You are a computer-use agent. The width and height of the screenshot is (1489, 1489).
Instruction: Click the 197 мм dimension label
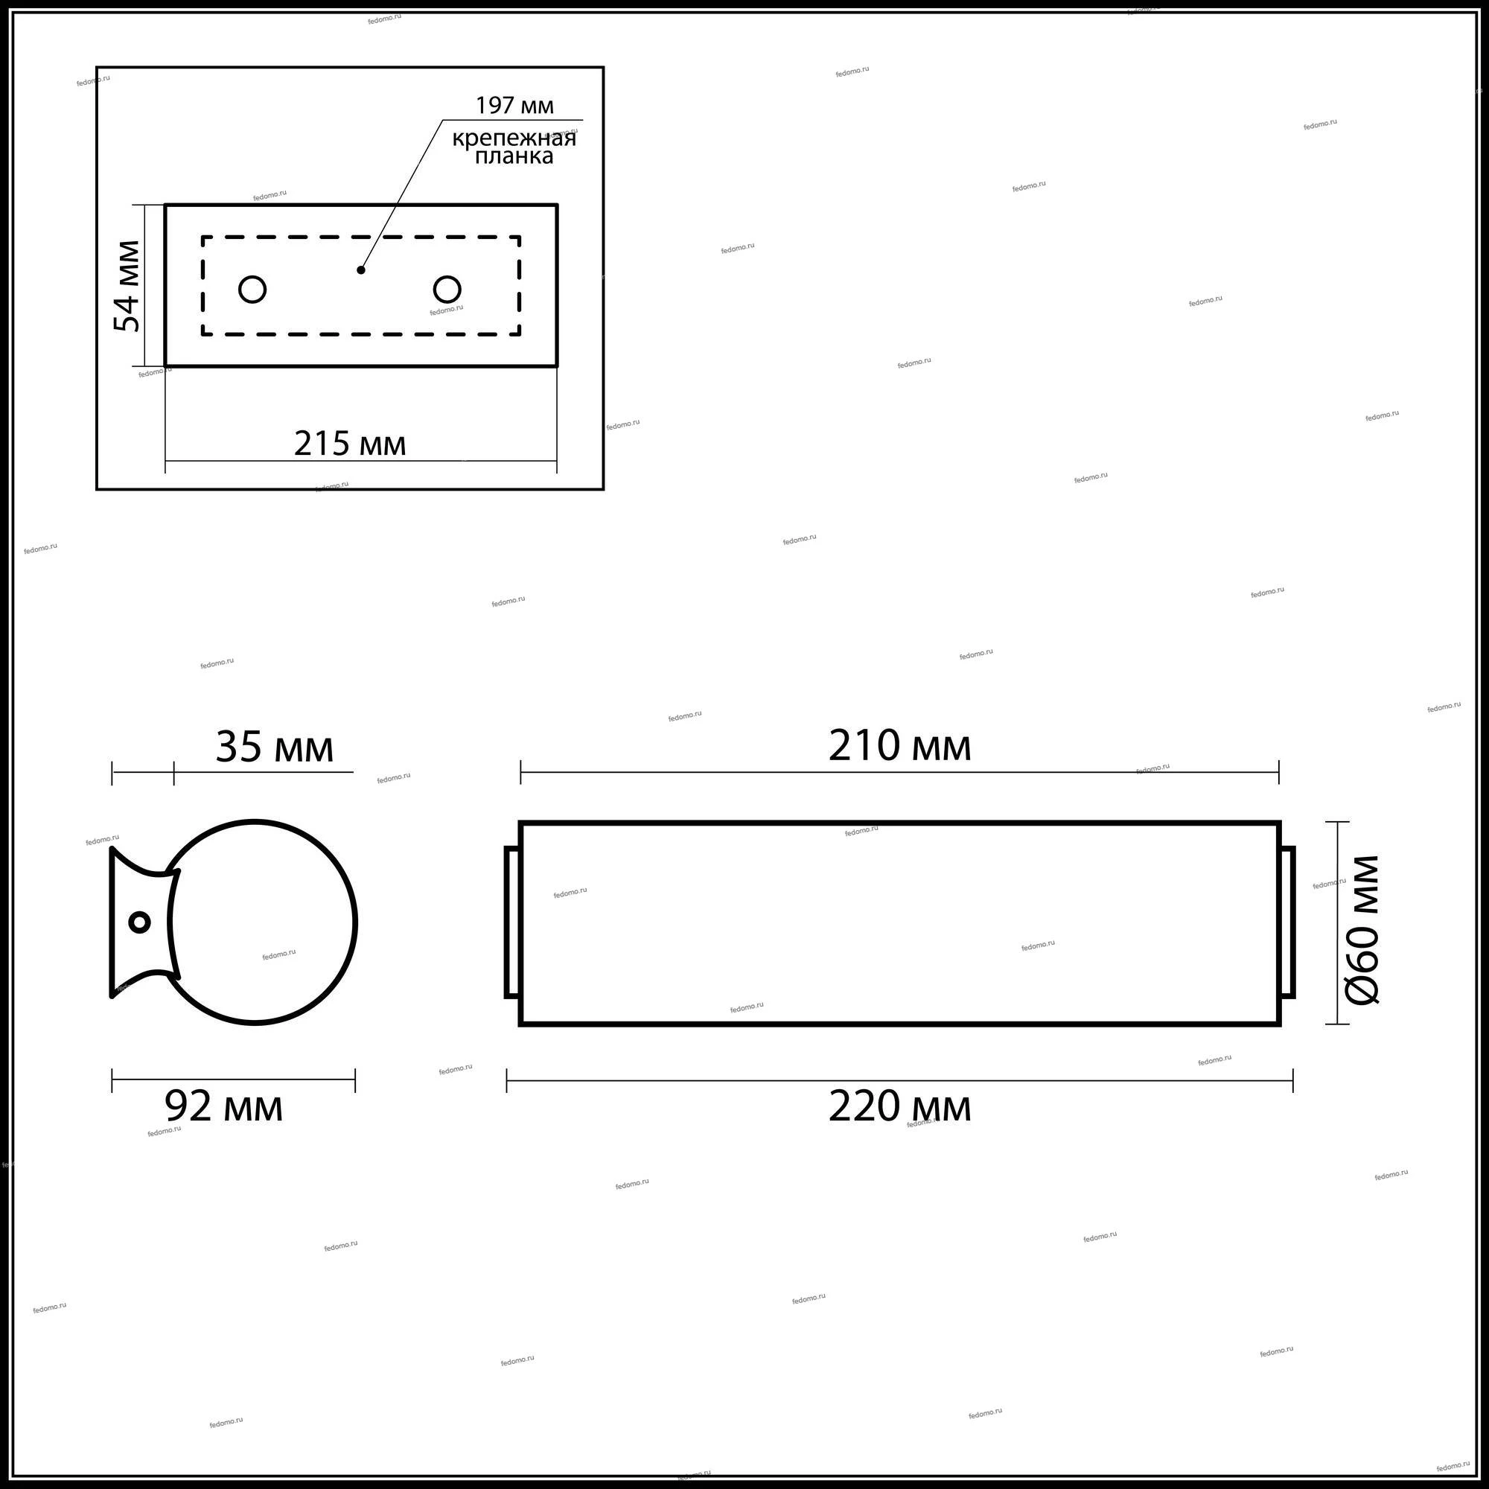pos(514,105)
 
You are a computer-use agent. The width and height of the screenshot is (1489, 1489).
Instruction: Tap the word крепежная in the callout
pos(514,138)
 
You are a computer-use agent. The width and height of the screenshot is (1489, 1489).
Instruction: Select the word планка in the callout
pos(513,156)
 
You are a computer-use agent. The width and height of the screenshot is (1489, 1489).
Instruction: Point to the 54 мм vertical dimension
pos(128,286)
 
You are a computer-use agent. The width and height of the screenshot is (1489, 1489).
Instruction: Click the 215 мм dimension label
pos(350,444)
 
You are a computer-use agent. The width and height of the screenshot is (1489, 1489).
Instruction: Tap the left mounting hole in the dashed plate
pos(253,290)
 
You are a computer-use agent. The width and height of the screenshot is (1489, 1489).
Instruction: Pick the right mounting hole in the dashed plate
pos(447,290)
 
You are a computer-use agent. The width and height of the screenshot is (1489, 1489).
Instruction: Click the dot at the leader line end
pos(360,270)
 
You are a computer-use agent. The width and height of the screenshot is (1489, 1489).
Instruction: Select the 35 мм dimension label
pos(275,747)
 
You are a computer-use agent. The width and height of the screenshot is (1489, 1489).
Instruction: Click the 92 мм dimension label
pos(224,1107)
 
